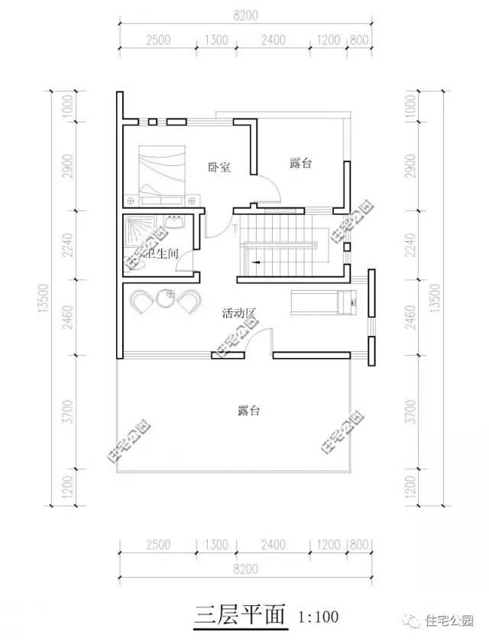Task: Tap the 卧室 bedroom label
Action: tap(219, 166)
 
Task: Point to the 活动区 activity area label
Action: tap(238, 313)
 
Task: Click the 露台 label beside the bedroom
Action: tap(303, 163)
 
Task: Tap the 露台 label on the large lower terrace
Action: tap(249, 411)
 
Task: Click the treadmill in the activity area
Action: tap(325, 301)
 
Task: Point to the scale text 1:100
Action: tap(316, 616)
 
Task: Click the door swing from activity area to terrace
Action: tap(261, 340)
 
